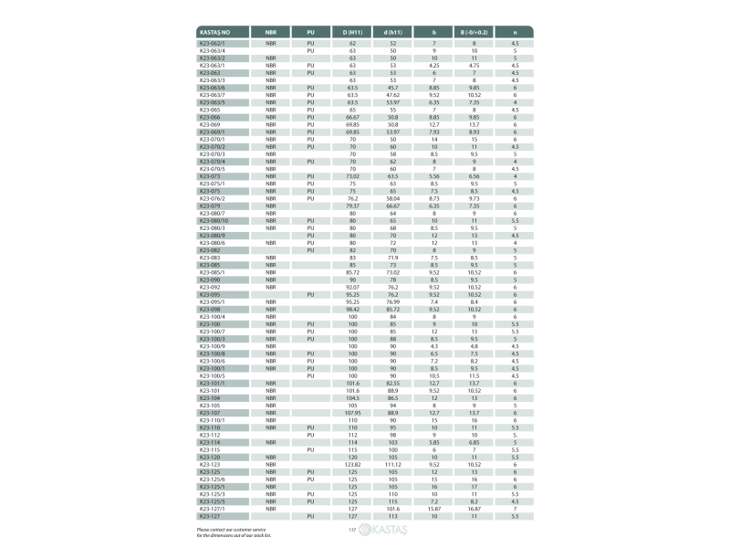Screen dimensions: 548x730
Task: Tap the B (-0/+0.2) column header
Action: (x=474, y=32)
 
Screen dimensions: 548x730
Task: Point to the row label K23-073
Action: (x=209, y=175)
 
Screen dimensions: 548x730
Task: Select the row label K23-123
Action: (x=209, y=464)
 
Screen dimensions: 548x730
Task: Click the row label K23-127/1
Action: (x=213, y=508)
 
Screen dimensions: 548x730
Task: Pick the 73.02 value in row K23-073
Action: (x=352, y=175)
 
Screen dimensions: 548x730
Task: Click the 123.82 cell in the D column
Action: (x=352, y=464)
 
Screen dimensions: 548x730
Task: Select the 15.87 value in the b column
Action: (x=434, y=508)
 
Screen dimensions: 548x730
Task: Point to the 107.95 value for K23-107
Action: (x=352, y=412)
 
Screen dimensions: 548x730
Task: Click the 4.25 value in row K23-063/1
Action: (x=434, y=66)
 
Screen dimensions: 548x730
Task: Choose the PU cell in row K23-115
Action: (x=310, y=449)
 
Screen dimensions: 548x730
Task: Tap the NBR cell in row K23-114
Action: (x=271, y=442)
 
